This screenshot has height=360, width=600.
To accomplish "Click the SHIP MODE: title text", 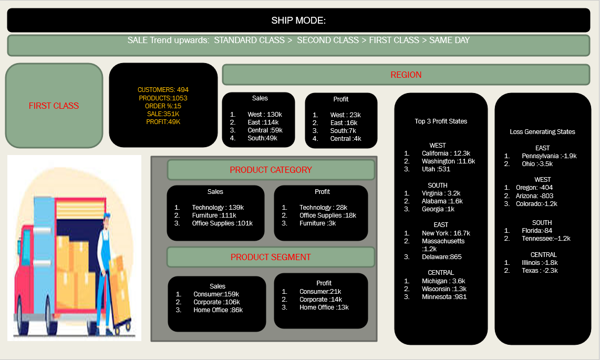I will point(298,20).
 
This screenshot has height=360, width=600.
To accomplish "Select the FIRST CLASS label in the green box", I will point(54,106).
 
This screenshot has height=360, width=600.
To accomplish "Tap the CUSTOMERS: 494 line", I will point(163,90).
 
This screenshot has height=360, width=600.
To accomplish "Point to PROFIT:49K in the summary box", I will point(163,122).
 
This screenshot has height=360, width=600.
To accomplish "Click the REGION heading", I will point(406,75).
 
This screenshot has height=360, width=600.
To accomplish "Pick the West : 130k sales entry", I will point(265,115).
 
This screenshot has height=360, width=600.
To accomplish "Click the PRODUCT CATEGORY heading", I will point(271,170).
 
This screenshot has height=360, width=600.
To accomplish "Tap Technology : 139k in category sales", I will point(218,208).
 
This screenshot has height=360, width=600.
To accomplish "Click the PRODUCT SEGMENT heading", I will point(271,257).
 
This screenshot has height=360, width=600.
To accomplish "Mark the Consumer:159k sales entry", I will point(216,294).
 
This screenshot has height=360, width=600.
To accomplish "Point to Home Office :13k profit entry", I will point(324,307).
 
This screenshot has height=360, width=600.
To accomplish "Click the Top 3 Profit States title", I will point(441,121).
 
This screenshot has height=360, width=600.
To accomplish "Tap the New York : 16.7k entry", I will point(446,233).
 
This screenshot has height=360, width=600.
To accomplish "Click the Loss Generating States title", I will point(542,132).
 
